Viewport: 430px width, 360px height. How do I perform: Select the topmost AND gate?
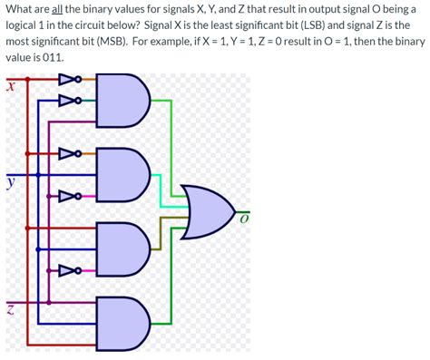tap(122, 99)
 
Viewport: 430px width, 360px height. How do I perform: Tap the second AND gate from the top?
tap(122, 172)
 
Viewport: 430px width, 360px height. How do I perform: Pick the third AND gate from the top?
tap(122, 247)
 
